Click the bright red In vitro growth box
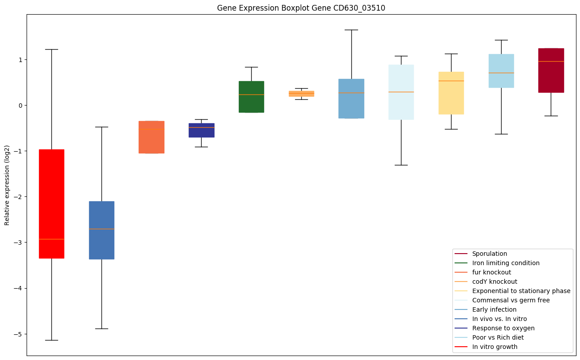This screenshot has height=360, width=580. (51, 203)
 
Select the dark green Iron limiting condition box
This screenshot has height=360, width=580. (251, 97)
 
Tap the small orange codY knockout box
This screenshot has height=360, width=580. (301, 94)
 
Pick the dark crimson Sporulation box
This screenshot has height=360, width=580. (551, 70)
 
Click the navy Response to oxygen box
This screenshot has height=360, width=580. (201, 130)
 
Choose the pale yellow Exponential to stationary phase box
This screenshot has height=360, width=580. (451, 93)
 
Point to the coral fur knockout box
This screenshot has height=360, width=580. (152, 137)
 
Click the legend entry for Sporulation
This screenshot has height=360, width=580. (489, 254)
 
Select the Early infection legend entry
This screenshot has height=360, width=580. (494, 310)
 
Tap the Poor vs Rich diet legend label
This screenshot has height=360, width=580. (498, 338)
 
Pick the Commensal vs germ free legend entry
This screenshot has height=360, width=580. (510, 301)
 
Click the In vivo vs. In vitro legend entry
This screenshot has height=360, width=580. (499, 319)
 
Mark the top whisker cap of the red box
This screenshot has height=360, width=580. (51, 49)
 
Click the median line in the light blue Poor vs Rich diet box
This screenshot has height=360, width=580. (501, 73)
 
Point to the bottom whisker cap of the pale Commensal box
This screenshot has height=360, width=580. (401, 165)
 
